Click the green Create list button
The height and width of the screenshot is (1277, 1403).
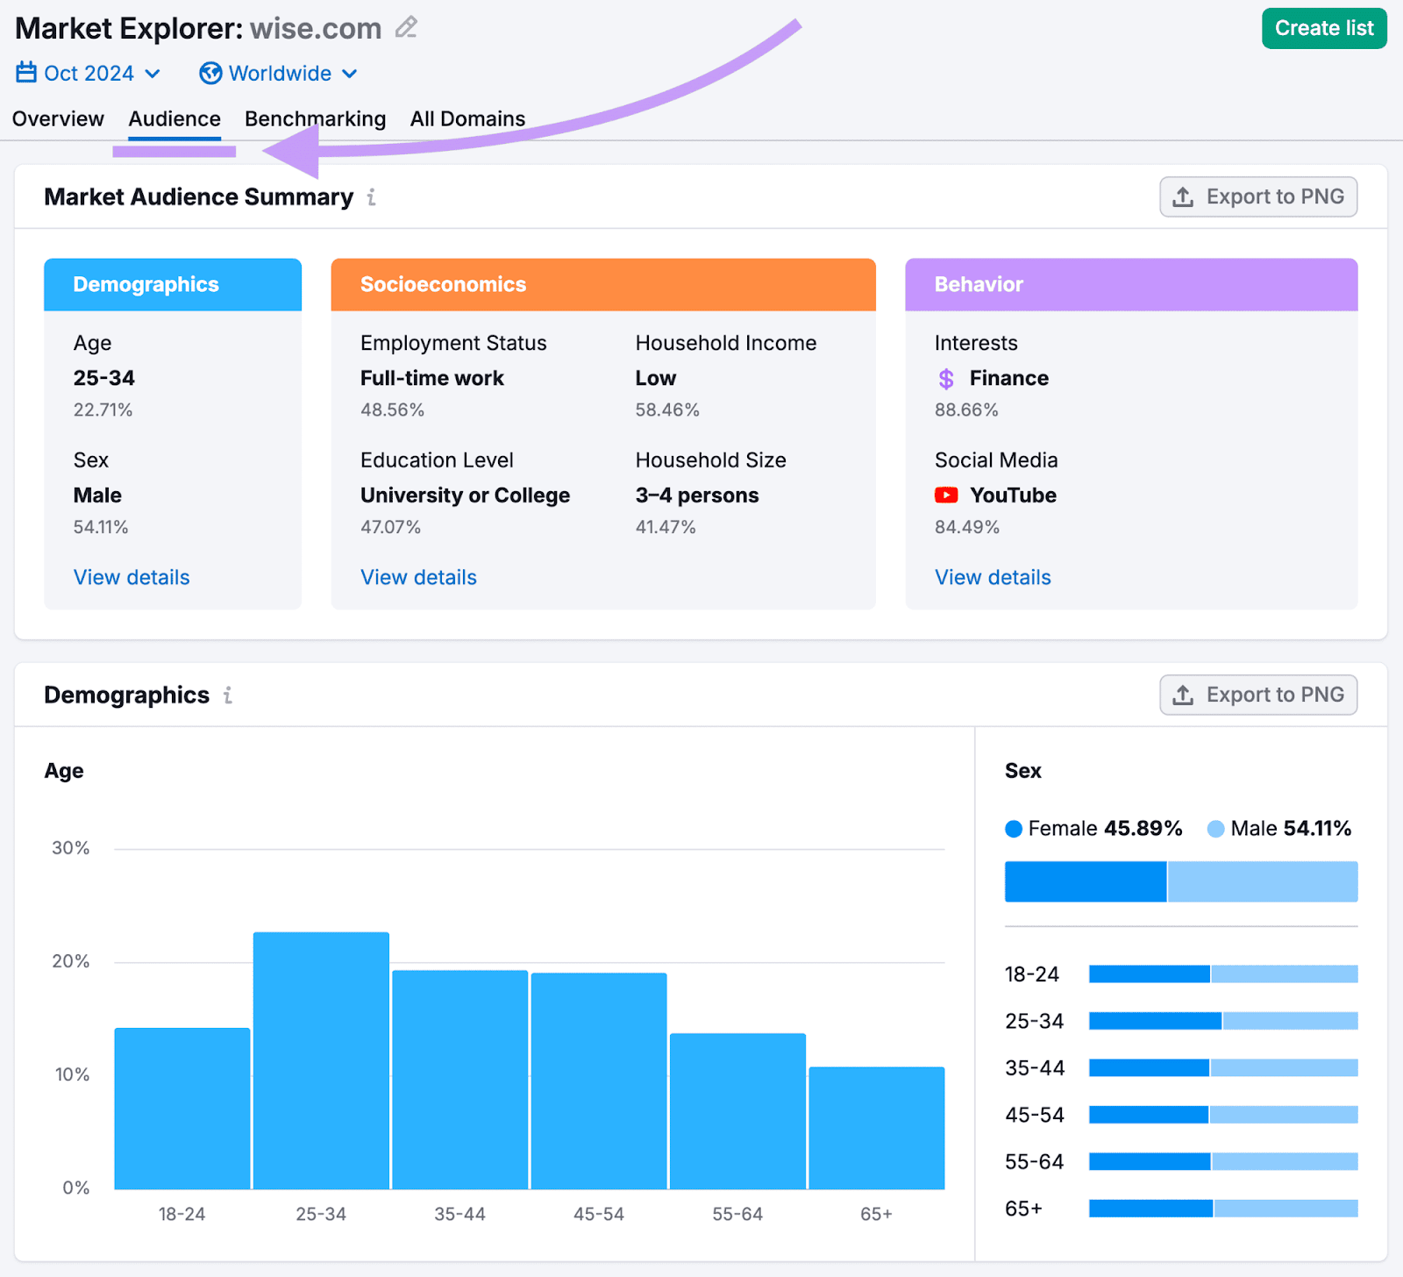(x=1323, y=29)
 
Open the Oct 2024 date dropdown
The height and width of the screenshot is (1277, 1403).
(x=89, y=74)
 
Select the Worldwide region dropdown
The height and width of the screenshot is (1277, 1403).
(x=278, y=74)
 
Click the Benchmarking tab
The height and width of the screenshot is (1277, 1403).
(x=315, y=118)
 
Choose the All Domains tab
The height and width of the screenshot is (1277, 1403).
(x=467, y=118)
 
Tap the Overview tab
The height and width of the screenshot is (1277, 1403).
(x=58, y=118)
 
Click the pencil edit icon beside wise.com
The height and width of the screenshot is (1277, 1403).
(x=406, y=28)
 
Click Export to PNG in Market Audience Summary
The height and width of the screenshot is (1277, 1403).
(x=1257, y=197)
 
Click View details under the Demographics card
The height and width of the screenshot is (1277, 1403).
(x=132, y=577)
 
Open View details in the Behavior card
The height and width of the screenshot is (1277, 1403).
(x=993, y=577)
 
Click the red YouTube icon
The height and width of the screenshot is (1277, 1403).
(x=946, y=496)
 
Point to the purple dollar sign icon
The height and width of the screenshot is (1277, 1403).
(x=946, y=379)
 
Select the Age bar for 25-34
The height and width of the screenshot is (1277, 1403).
(x=321, y=1060)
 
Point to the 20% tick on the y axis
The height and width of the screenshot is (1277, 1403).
(x=71, y=961)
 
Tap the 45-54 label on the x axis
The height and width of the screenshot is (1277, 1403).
(x=599, y=1214)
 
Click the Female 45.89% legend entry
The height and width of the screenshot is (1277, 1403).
(x=1093, y=829)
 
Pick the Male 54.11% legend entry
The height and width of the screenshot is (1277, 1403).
(x=1279, y=829)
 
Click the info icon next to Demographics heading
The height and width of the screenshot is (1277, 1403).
(x=228, y=696)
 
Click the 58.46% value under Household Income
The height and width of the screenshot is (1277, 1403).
(x=667, y=410)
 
